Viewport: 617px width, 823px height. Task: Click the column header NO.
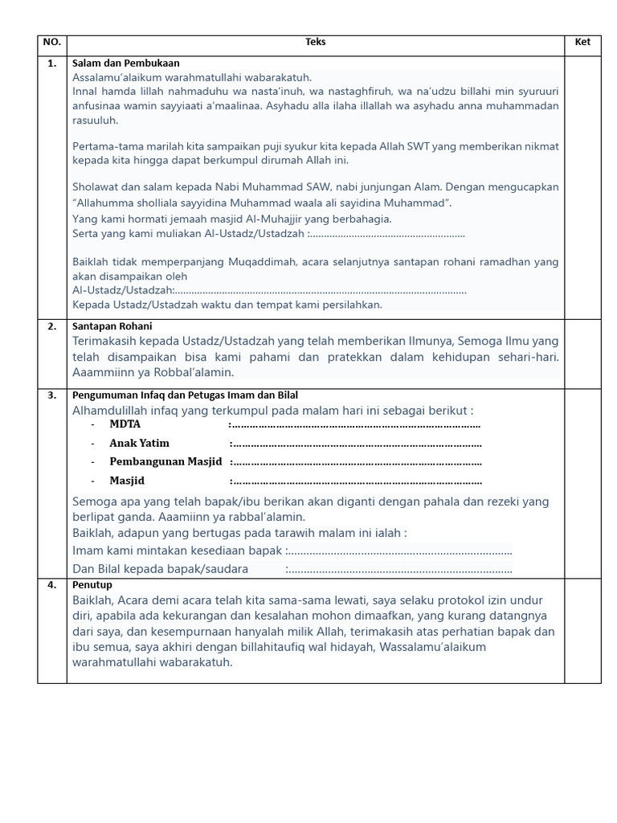click(52, 43)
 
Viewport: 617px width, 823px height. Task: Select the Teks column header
click(316, 43)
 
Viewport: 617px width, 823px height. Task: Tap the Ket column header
click(582, 43)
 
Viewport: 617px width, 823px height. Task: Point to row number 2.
click(52, 327)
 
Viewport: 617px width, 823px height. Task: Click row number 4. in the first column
click(52, 585)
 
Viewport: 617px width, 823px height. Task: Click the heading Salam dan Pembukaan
click(126, 63)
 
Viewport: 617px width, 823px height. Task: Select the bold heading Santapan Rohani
click(112, 327)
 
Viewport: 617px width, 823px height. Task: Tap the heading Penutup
click(92, 585)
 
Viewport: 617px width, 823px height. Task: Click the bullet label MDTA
click(125, 424)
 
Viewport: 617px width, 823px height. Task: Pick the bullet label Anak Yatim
click(139, 443)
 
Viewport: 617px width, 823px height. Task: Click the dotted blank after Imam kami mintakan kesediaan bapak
click(399, 551)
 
